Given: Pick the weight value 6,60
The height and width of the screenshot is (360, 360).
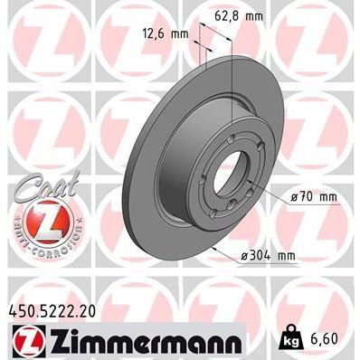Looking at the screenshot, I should (327, 340).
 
